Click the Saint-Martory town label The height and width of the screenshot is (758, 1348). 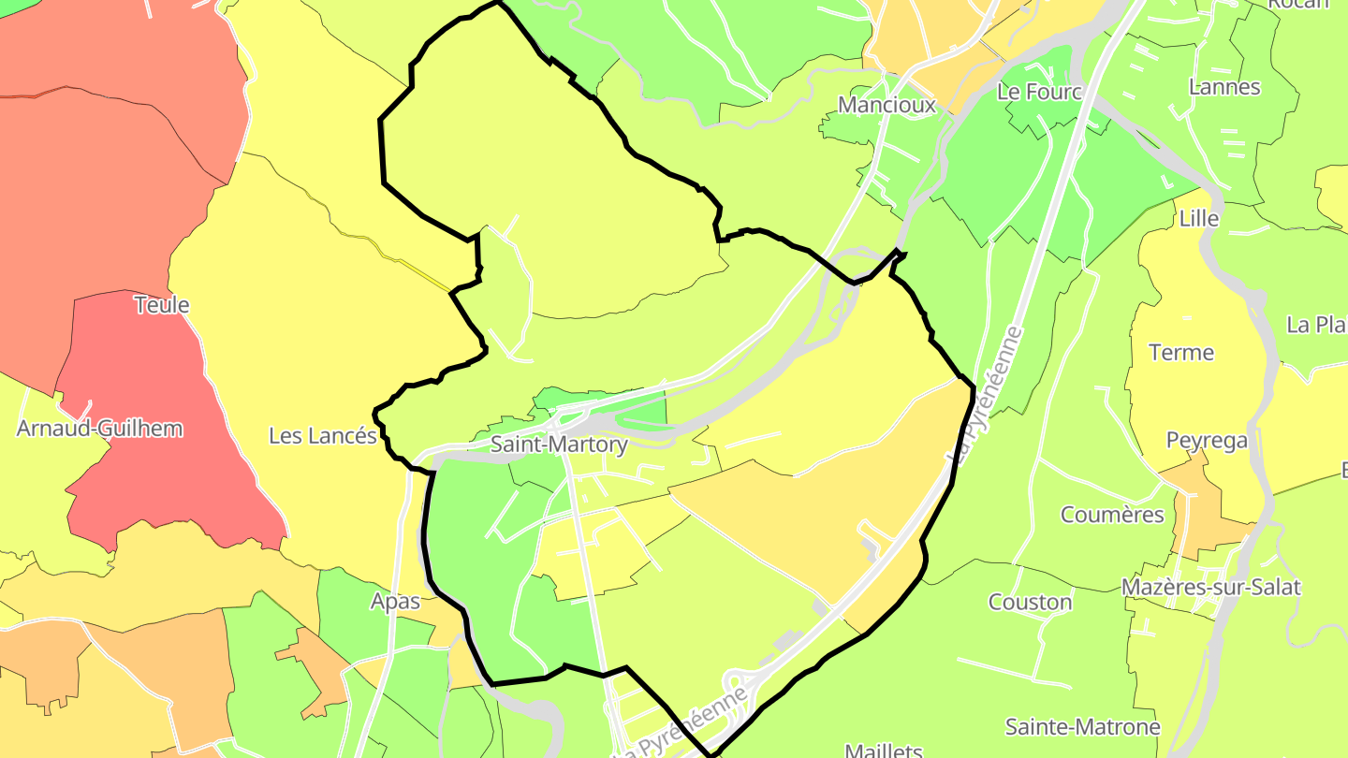click(559, 445)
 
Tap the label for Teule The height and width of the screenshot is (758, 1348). click(162, 305)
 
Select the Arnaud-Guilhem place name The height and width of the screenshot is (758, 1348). click(99, 429)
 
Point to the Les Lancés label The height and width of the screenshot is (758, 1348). click(323, 436)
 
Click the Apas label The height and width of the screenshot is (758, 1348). click(396, 602)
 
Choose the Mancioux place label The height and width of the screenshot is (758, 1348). click(886, 105)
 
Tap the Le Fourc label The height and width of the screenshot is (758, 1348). click(1039, 92)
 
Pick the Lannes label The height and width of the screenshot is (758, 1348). click(1223, 87)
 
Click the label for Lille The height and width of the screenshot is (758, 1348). click(1199, 219)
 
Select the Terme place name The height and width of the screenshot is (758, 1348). click(1180, 353)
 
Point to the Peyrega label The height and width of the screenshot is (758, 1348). click(1207, 440)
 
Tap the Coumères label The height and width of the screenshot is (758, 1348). click(1112, 515)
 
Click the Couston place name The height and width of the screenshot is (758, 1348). click(1030, 602)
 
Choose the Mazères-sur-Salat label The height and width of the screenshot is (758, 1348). click(1211, 588)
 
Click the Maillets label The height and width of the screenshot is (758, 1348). click(883, 751)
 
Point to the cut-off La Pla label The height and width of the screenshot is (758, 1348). click(1315, 325)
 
